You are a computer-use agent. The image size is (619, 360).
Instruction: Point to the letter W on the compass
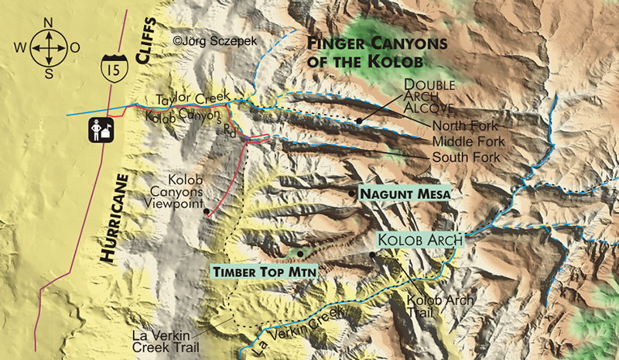[x=21, y=47]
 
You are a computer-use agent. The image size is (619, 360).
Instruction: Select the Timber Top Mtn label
[x=252, y=272]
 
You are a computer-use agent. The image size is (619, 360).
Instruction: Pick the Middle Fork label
[x=469, y=142]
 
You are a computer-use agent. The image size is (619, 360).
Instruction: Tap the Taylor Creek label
[x=193, y=98]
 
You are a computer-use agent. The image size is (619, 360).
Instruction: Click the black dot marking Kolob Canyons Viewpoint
[x=206, y=211]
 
